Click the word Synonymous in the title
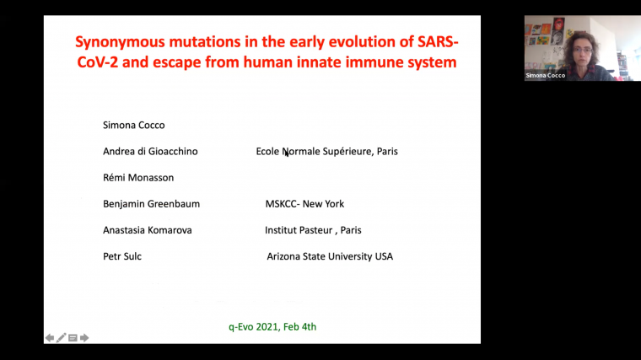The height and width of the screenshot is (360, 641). click(114, 41)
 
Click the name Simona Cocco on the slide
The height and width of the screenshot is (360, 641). click(133, 125)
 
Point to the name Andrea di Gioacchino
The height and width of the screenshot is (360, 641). click(150, 152)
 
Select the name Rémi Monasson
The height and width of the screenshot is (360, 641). click(138, 178)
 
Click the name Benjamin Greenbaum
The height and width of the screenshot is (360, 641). click(151, 204)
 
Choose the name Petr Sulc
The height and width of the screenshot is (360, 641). click(122, 256)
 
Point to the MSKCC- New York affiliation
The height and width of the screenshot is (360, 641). click(304, 204)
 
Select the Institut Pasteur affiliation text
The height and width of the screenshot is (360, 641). click(313, 230)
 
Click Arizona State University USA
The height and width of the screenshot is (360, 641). click(330, 256)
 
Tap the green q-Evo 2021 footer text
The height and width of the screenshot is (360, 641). click(272, 326)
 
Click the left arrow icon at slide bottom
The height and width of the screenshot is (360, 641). click(50, 338)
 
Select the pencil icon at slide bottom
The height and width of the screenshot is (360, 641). click(62, 338)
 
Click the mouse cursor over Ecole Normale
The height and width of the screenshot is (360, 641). click(286, 153)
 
